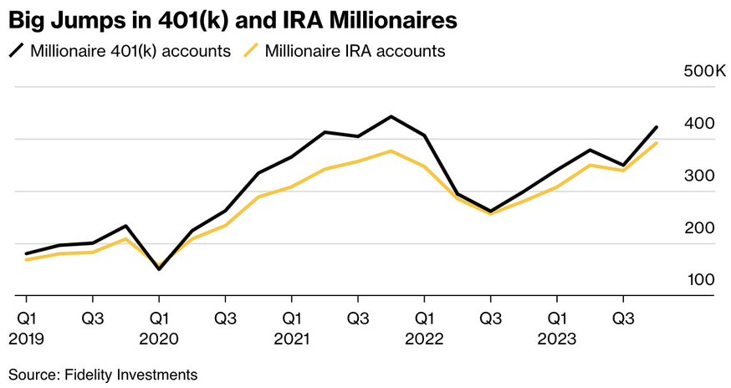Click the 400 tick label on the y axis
click(700, 124)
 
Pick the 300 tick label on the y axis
click(700, 176)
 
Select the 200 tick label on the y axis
click(700, 227)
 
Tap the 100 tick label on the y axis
click(700, 279)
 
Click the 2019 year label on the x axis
click(26, 339)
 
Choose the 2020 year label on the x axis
click(159, 339)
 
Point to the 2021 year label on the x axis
click(291, 339)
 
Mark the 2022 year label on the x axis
click(424, 339)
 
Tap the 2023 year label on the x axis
click(557, 339)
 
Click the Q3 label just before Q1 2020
click(92, 319)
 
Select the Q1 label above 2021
click(291, 319)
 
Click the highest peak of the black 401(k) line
click(391, 116)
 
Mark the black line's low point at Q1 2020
click(159, 269)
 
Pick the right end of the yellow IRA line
click(657, 143)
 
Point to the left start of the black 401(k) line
click(27, 253)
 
